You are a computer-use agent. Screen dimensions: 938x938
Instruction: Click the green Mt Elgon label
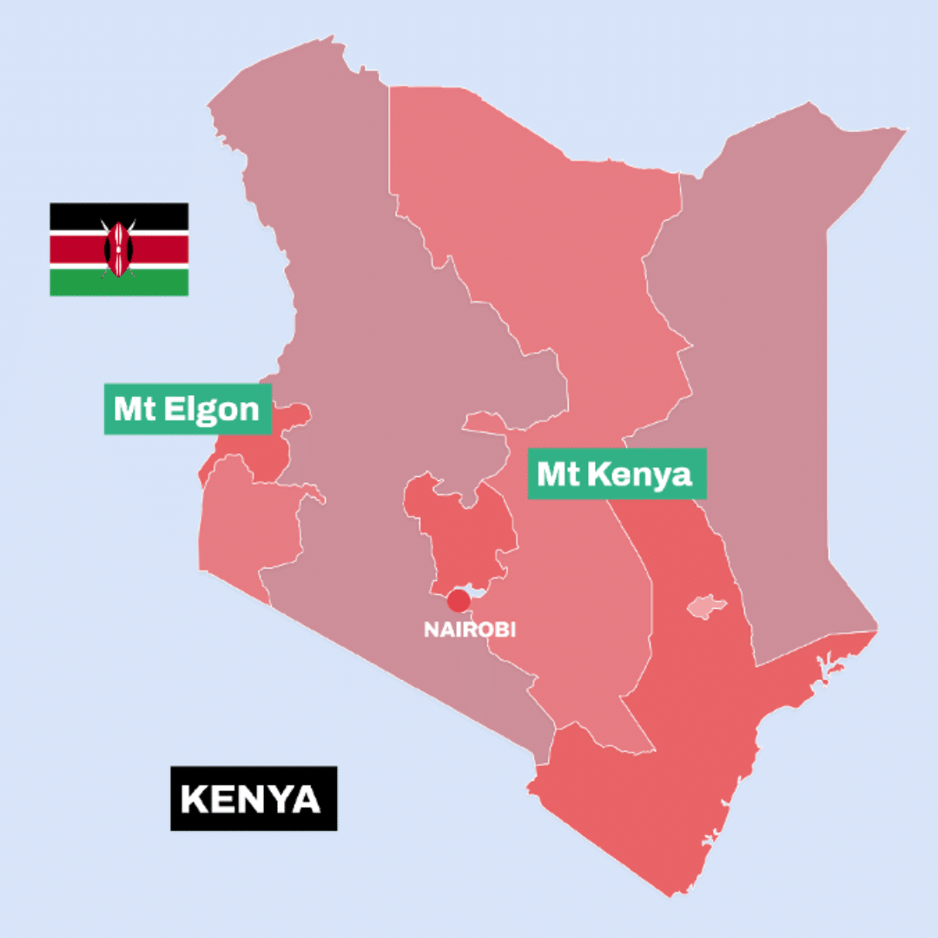pos(187,409)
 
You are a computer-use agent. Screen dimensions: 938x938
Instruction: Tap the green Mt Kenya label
pos(617,474)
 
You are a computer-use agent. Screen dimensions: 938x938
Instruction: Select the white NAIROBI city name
pos(469,629)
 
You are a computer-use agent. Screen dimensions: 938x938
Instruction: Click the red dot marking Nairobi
pos(459,600)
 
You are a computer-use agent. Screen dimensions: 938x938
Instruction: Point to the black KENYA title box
pos(253,798)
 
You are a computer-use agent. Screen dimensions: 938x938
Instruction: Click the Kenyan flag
pos(119,249)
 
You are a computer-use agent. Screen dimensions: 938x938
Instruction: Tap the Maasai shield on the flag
pos(118,248)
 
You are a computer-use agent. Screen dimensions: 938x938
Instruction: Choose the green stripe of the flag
pos(78,283)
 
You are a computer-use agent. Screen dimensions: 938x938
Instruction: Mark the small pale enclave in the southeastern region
pos(706,606)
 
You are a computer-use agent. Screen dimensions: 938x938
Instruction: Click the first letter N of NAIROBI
pos(430,630)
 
